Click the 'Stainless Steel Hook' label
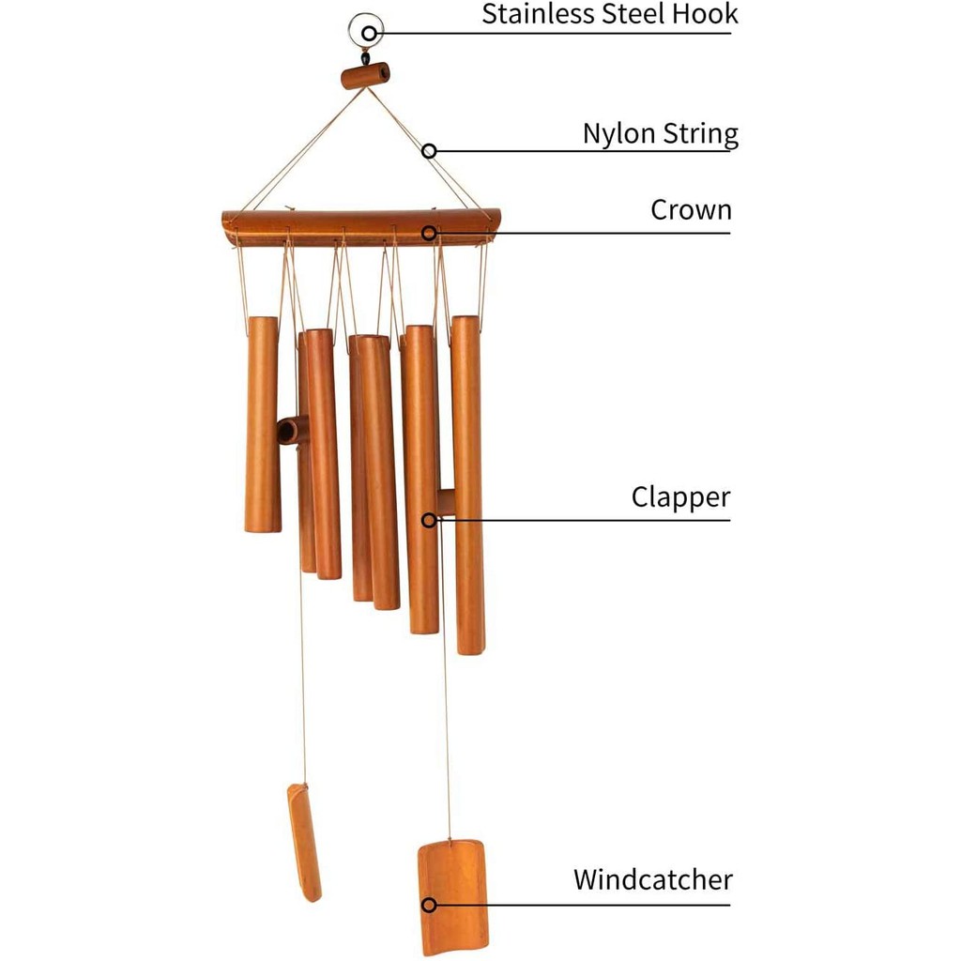[610, 14]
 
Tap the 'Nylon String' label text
[660, 133]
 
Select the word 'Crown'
[691, 210]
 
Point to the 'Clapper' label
[680, 496]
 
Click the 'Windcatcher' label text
[653, 880]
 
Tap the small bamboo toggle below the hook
[365, 75]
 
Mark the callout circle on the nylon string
[429, 150]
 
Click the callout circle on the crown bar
[429, 232]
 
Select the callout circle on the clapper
[429, 519]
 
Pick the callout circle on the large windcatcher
[429, 905]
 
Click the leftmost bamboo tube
[263, 424]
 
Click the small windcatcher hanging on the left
[303, 842]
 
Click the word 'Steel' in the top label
[647, 14]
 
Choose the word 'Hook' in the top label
[709, 14]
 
